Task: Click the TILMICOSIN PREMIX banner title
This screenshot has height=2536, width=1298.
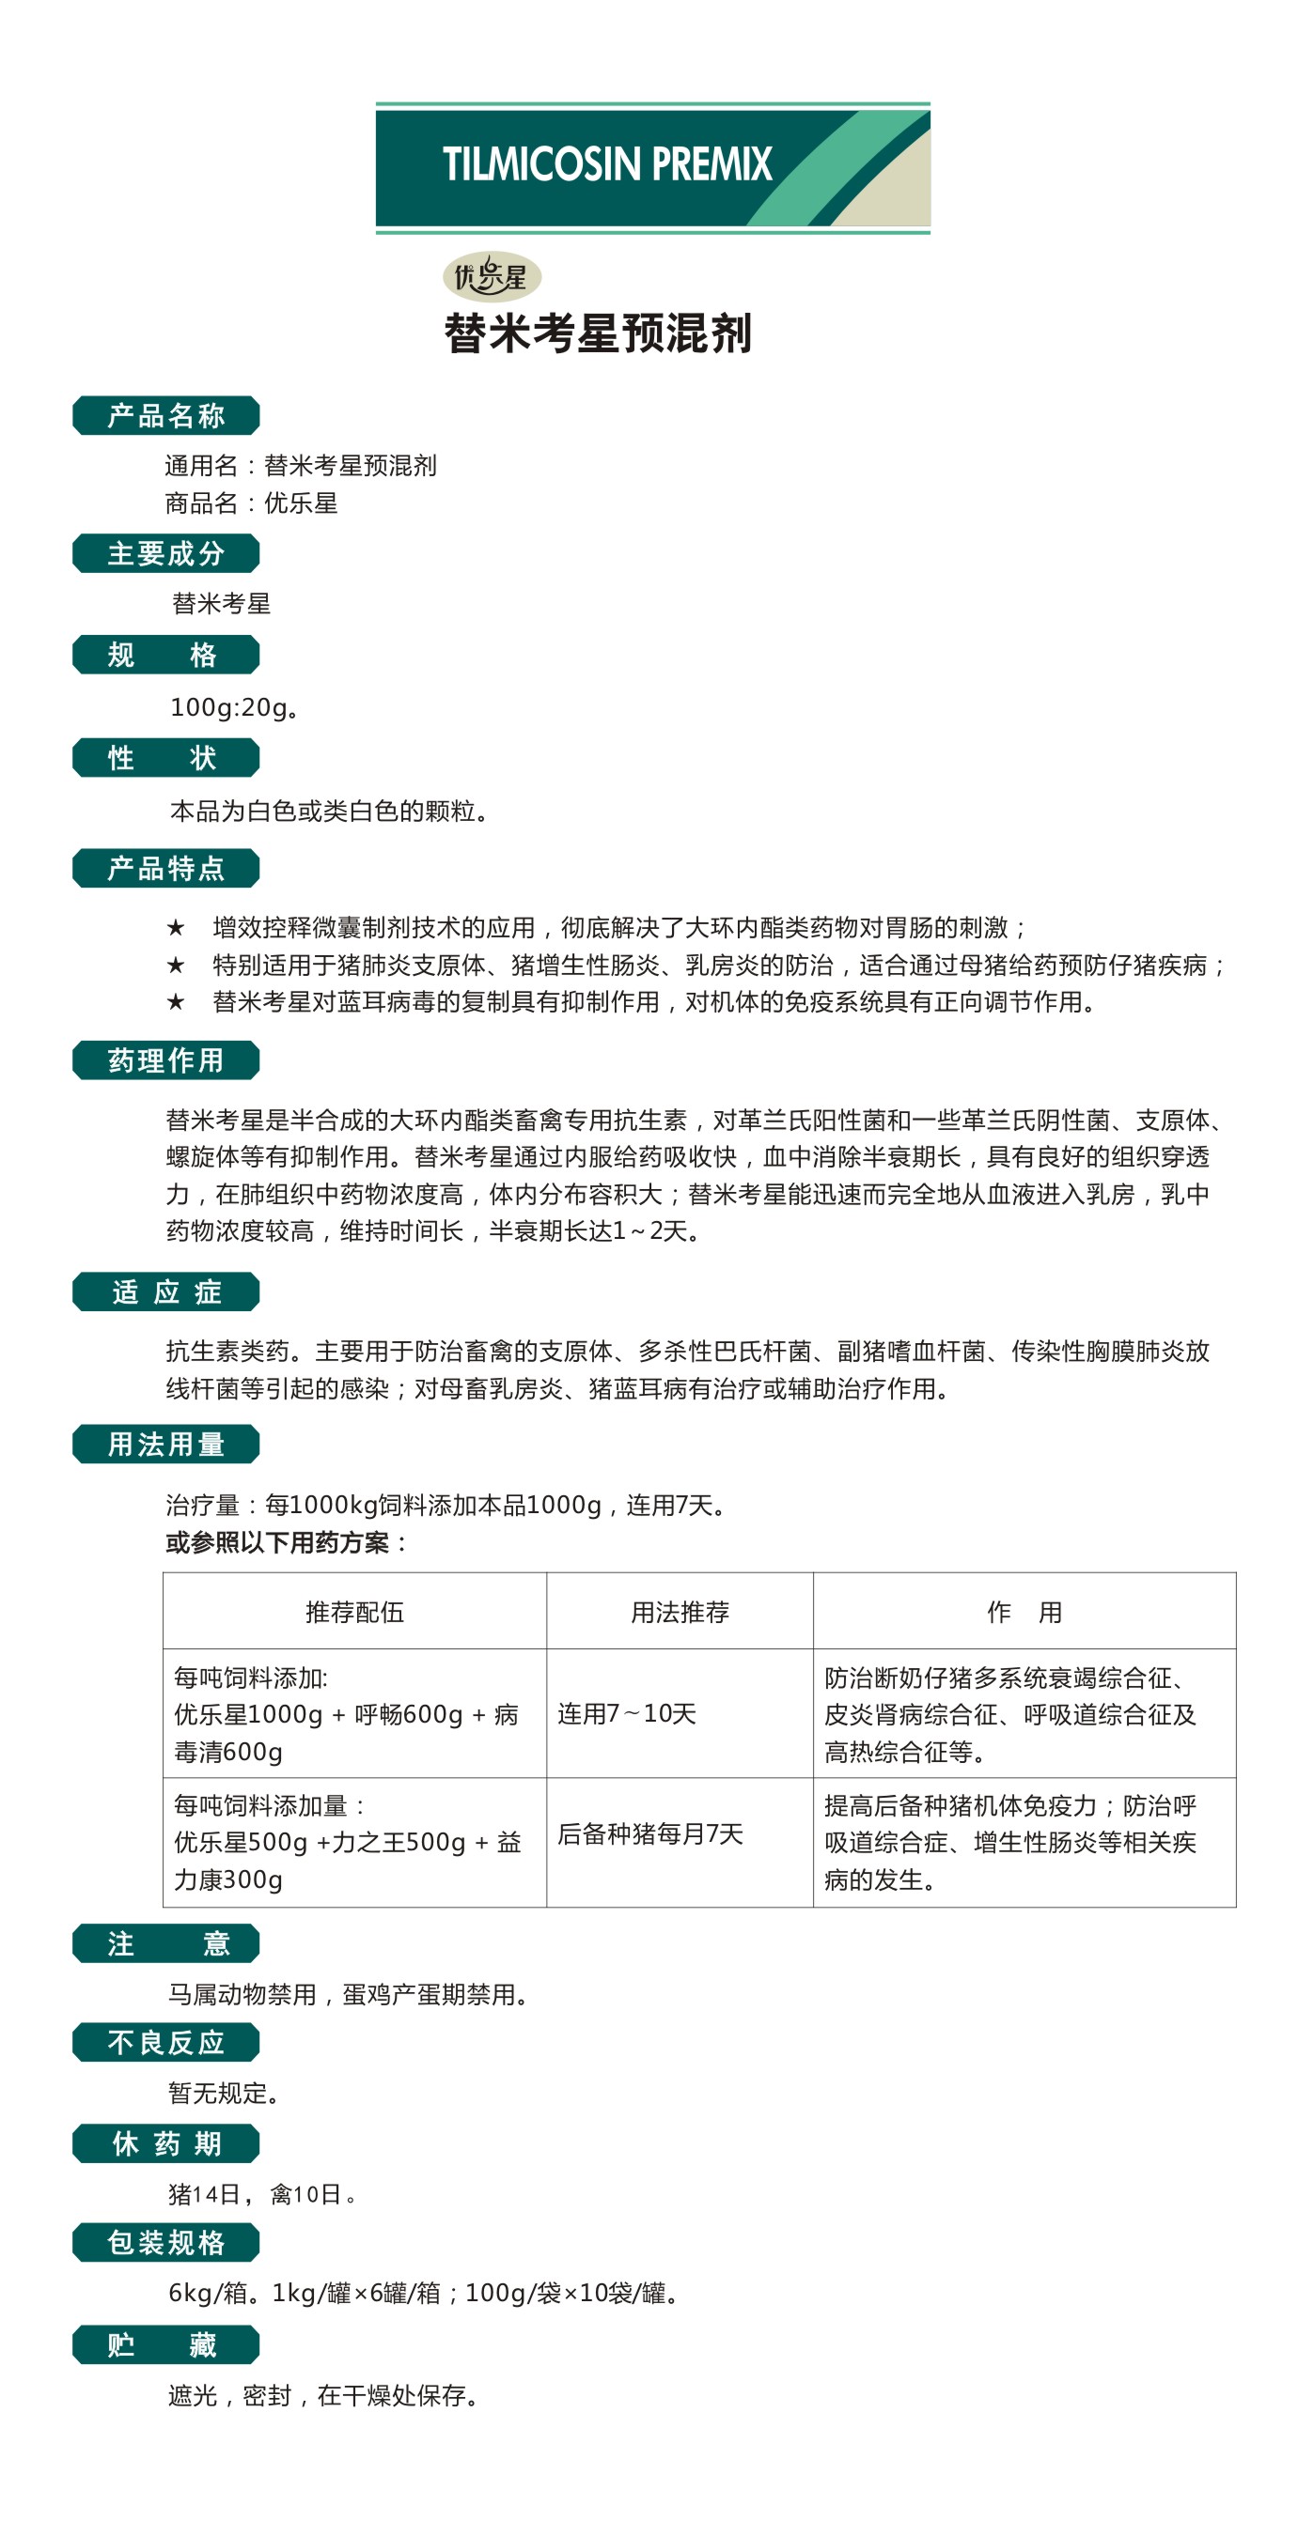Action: [606, 164]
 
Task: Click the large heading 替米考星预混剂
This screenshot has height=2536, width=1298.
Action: [598, 332]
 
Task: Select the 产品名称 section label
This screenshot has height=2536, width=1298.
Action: [165, 415]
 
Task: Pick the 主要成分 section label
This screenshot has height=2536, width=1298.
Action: [165, 553]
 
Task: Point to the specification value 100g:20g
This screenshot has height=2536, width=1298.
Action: [233, 707]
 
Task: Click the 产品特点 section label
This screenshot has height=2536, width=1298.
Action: [165, 868]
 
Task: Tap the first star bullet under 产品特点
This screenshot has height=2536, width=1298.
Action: [176, 927]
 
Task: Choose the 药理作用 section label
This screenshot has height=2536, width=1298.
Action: [165, 1060]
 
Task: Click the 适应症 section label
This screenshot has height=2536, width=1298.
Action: [165, 1291]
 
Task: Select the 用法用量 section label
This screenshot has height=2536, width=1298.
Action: [165, 1445]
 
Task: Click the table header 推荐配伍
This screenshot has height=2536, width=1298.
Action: [354, 1612]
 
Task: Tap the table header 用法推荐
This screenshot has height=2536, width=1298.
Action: [680, 1612]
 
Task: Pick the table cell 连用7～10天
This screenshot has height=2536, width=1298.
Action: [626, 1713]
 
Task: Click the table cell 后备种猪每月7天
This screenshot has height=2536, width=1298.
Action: [650, 1833]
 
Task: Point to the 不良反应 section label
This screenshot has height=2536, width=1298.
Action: [165, 2043]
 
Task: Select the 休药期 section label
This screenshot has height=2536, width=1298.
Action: [165, 2143]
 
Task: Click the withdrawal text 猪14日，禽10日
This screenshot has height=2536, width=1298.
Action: [261, 2193]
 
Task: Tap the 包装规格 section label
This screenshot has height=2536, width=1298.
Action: [165, 2242]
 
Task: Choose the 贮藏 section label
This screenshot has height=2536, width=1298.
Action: [165, 2344]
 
